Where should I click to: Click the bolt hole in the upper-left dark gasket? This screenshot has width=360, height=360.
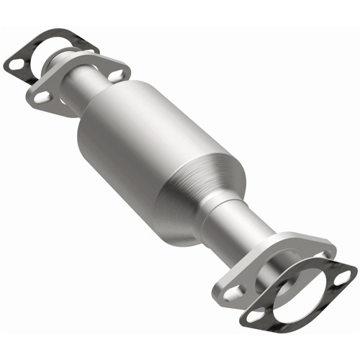point(15,63)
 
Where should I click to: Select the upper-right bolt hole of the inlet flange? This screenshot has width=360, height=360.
point(117,73)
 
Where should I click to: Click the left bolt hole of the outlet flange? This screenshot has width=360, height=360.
point(235,292)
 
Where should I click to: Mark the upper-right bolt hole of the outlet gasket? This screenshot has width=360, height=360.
point(344,275)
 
